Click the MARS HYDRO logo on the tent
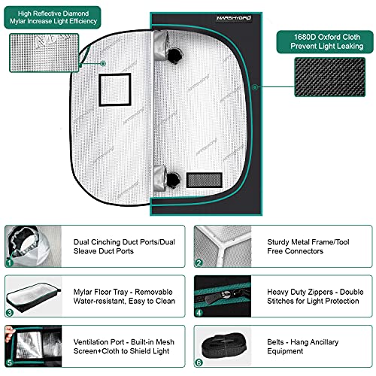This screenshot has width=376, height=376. (234, 18)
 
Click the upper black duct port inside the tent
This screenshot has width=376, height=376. (174, 56)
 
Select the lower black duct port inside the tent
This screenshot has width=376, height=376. (173, 180)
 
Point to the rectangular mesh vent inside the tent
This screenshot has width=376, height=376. (205, 180)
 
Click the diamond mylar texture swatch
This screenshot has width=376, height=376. (44, 53)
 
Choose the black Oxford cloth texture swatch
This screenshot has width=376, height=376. (329, 77)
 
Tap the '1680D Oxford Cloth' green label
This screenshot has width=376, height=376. (325, 41)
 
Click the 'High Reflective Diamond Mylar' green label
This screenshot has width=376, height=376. (53, 17)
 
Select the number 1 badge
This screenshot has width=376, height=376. (10, 262)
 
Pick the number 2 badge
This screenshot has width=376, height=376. (199, 262)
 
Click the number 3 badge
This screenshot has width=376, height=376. (10, 313)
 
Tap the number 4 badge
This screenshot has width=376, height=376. (199, 313)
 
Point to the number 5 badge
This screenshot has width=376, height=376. (10, 362)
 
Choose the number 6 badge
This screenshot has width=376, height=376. (199, 362)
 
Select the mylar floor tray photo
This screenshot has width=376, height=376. (34, 297)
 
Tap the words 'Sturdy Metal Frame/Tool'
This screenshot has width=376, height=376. (308, 242)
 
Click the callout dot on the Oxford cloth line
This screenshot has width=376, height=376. (255, 87)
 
